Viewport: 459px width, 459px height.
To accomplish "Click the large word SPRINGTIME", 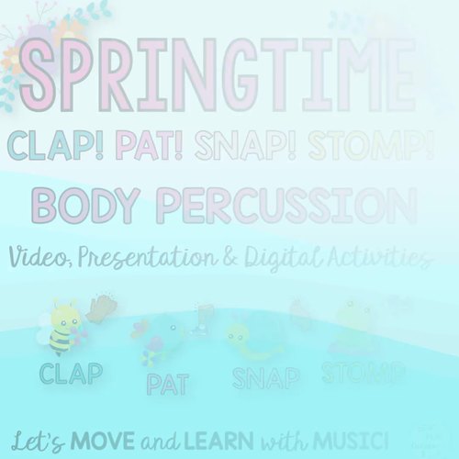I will [x=215, y=76].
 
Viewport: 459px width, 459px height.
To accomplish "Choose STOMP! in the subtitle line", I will [x=364, y=145].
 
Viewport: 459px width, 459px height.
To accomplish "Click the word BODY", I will [x=86, y=204].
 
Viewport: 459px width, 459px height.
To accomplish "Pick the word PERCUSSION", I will [x=285, y=204].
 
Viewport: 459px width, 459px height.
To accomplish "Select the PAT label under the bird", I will [x=169, y=381].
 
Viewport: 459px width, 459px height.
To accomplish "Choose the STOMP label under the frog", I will [x=364, y=372].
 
